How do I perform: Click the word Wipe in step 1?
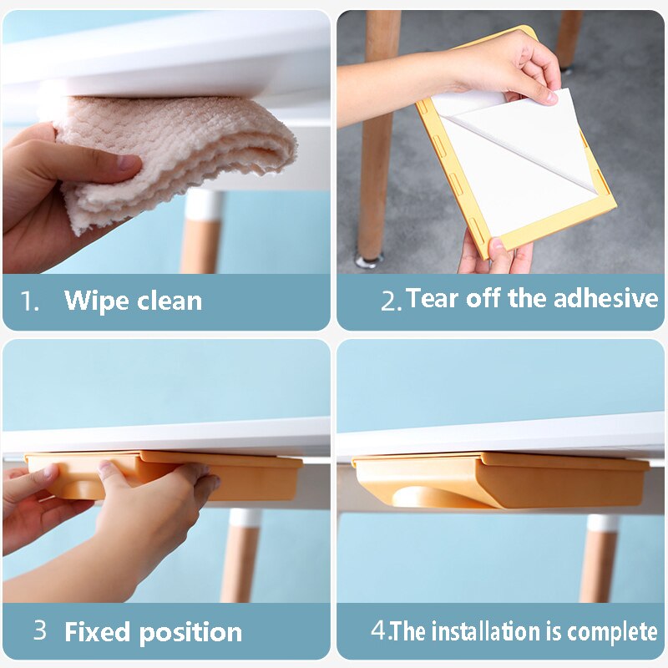click(96, 301)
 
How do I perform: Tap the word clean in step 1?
click(170, 301)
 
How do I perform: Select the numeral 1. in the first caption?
click(30, 301)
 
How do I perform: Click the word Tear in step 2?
click(433, 298)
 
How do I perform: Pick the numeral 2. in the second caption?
click(391, 301)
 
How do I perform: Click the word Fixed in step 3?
click(97, 631)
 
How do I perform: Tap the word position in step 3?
click(190, 633)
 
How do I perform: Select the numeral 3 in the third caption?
click(39, 630)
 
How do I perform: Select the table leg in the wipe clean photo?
click(201, 231)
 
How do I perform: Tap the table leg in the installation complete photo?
click(599, 558)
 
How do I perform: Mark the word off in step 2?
click(483, 297)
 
